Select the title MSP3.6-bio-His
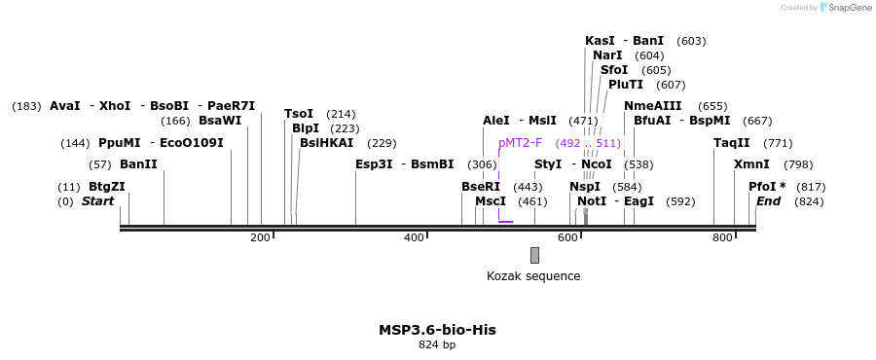pyautogui.click(x=437, y=330)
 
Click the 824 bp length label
pyautogui.click(x=437, y=344)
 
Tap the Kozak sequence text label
pyautogui.click(x=533, y=276)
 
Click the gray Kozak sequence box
pyautogui.click(x=534, y=255)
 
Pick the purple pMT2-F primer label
pyautogui.click(x=520, y=143)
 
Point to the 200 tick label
pyautogui.click(x=260, y=237)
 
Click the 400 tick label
pyautogui.click(x=414, y=237)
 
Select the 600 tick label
pyautogui.click(x=567, y=237)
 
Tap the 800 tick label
pyautogui.click(x=721, y=237)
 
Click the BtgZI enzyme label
pyautogui.click(x=107, y=187)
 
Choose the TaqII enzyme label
pyautogui.click(x=732, y=143)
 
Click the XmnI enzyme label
pyautogui.click(x=751, y=164)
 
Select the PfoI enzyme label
pyautogui.click(x=767, y=187)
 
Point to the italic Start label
pyautogui.click(x=97, y=201)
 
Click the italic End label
pyautogui.click(x=768, y=201)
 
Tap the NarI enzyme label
pyautogui.click(x=607, y=55)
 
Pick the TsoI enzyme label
pyautogui.click(x=300, y=114)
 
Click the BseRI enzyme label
pyautogui.click(x=481, y=187)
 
